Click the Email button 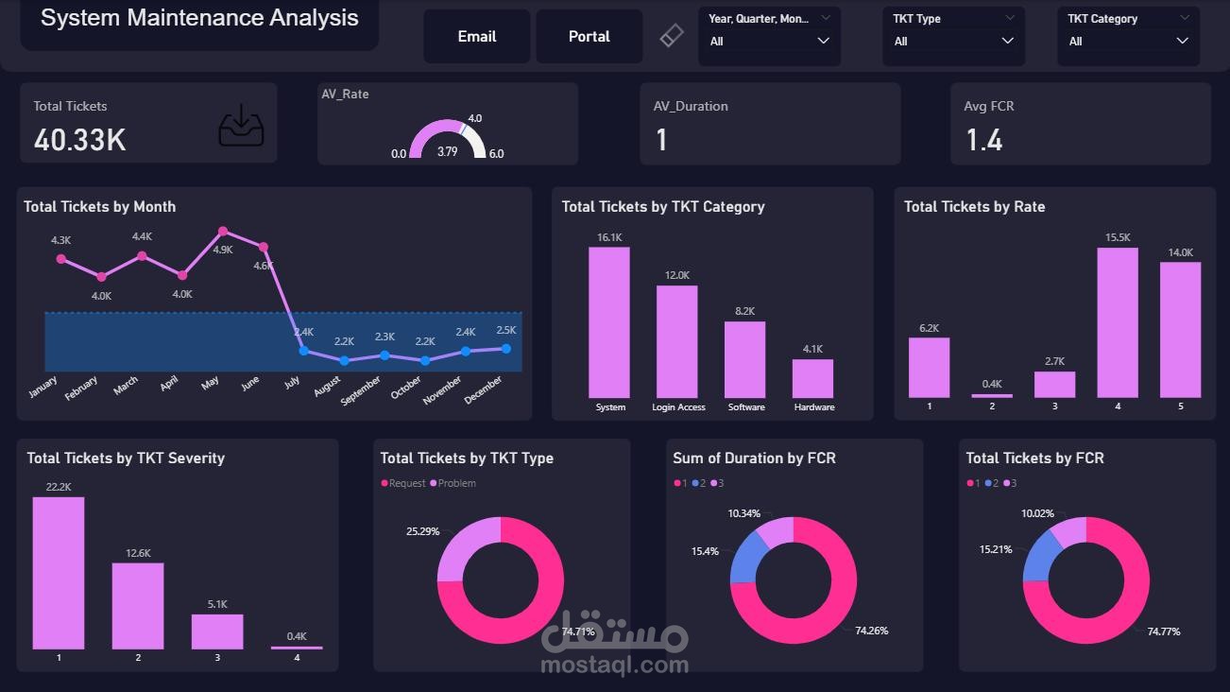point(476,37)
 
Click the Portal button point(589,37)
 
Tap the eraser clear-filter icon point(671,36)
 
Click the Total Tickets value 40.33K point(79,140)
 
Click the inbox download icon point(241,127)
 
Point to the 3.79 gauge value point(448,151)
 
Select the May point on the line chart point(223,231)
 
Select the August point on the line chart point(344,360)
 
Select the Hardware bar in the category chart point(812,378)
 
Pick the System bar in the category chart point(608,322)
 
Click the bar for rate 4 point(1117,322)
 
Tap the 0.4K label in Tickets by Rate point(992,384)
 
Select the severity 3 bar point(217,631)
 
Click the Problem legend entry point(456,484)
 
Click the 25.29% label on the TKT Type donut point(422,531)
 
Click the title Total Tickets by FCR point(1034,458)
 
